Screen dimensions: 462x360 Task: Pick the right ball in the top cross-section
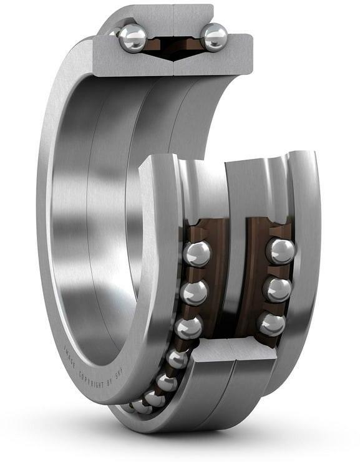[x=214, y=37]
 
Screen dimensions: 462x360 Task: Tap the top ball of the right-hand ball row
[x=280, y=251]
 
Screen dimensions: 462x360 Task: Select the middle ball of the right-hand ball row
[x=276, y=289]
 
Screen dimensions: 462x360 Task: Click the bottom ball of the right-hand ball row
[x=271, y=324]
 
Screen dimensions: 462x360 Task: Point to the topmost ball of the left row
[x=197, y=254]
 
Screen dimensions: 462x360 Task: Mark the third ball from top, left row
[x=188, y=327]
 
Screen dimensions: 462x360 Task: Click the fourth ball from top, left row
[x=178, y=359]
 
